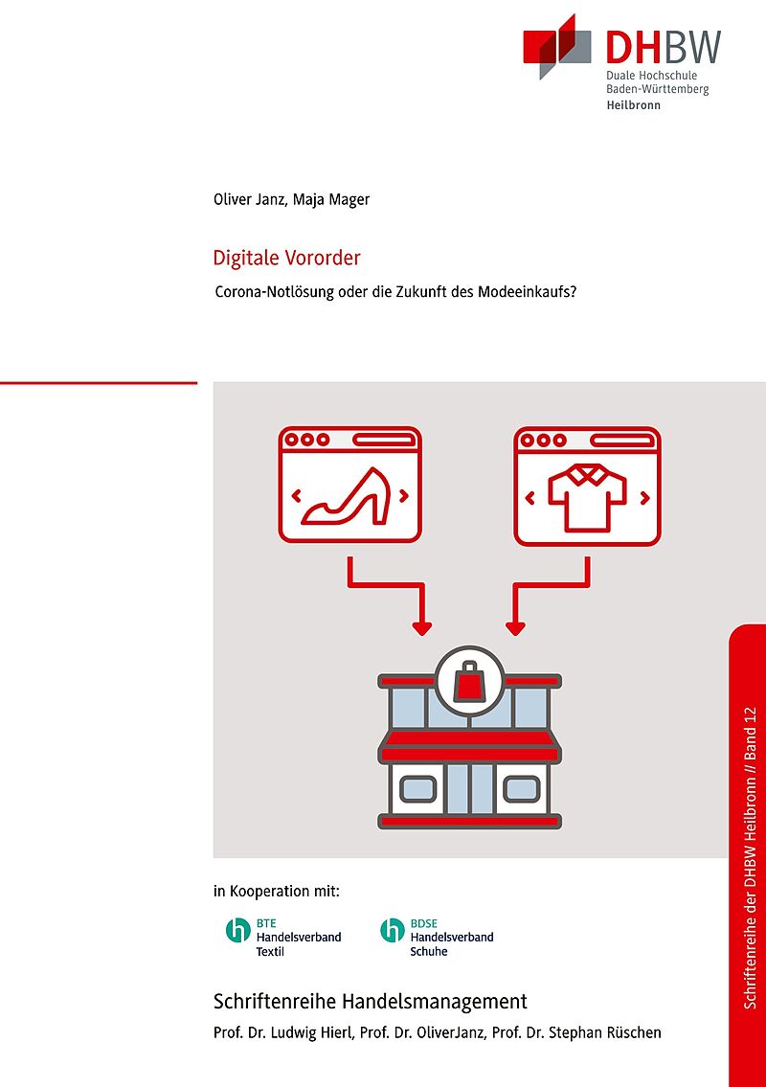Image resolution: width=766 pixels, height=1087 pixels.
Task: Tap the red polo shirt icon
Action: tap(587, 498)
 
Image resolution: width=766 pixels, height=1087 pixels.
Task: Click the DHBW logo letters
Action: tap(663, 47)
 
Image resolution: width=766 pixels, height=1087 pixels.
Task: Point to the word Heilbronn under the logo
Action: tap(634, 105)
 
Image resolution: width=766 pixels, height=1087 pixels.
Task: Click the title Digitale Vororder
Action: tap(287, 258)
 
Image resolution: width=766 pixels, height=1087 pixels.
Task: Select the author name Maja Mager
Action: tap(331, 199)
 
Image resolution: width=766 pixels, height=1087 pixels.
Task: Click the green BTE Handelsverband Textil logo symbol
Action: tap(237, 930)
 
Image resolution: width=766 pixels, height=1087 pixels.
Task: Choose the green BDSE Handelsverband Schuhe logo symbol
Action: tap(393, 930)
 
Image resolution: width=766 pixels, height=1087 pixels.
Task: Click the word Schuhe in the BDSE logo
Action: tap(428, 952)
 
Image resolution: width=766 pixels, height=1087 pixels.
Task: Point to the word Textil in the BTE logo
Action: tap(270, 952)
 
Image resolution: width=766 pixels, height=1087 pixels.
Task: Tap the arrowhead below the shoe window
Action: tap(421, 628)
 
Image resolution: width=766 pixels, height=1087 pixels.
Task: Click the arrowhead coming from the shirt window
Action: tap(515, 628)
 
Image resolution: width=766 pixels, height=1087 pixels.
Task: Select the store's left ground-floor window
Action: tap(418, 789)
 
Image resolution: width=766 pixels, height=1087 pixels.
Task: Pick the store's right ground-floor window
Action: tap(521, 789)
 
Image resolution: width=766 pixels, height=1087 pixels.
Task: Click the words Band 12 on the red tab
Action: tap(750, 735)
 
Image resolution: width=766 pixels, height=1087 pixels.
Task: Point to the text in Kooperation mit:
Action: tap(277, 892)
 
